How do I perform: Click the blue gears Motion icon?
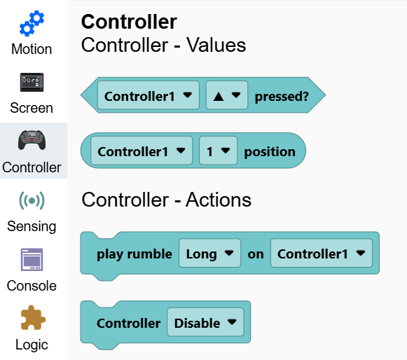pos(32,23)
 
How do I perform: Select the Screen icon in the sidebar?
pos(32,82)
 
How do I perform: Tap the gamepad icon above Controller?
pos(32,140)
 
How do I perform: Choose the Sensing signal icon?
pos(32,200)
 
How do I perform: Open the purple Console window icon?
pos(32,260)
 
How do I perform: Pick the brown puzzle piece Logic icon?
pos(33,317)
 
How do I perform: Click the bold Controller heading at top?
pos(129,22)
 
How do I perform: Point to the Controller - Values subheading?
pos(163,45)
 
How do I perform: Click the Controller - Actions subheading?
pos(167,200)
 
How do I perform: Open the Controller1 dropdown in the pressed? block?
pos(149,95)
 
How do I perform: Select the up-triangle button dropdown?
pos(227,95)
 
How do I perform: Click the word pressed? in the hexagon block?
pos(282,96)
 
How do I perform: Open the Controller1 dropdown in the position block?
pos(142,151)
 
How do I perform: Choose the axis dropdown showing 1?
pos(219,151)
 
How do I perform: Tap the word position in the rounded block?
pos(270,152)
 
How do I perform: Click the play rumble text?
pos(134,254)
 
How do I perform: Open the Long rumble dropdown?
pos(210,253)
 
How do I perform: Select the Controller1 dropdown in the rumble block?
pos(322,253)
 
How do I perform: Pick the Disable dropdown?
pos(205,322)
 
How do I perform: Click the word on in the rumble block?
pos(256,254)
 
